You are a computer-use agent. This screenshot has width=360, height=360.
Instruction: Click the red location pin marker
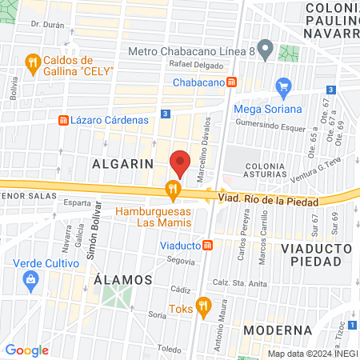point(180,163)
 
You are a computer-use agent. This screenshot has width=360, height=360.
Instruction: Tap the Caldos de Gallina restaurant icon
point(32,62)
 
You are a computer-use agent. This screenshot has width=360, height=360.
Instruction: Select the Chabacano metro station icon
point(231,82)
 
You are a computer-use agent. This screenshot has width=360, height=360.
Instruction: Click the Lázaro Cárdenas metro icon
point(62,120)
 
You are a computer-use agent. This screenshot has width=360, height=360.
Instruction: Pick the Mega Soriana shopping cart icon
point(282,86)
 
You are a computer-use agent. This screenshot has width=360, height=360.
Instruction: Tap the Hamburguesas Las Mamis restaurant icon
point(171,190)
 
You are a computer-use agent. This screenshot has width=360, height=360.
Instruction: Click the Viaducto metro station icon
point(207,245)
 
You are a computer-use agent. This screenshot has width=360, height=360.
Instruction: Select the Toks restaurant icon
point(203,304)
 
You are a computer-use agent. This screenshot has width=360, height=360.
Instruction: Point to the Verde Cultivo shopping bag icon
point(30,278)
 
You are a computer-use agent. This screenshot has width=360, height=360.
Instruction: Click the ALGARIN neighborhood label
point(122,162)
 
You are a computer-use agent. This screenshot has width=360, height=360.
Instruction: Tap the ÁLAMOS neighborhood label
point(122,279)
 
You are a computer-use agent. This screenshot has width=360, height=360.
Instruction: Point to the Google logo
point(26,350)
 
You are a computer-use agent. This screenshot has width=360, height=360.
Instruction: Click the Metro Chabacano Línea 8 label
point(197,51)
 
